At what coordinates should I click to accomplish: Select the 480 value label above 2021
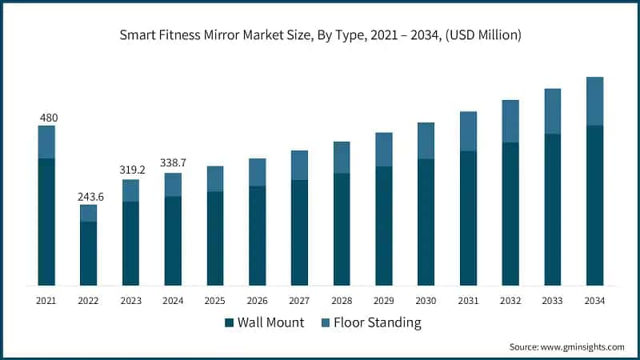(46, 118)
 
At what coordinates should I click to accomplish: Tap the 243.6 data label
(88, 196)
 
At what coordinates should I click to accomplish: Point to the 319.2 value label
(130, 170)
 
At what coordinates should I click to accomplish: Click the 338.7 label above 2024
(173, 164)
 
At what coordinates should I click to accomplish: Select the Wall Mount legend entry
(261, 322)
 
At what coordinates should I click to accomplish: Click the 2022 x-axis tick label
(88, 300)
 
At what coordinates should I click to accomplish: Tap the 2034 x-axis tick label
(594, 300)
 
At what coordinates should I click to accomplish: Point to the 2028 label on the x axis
(342, 300)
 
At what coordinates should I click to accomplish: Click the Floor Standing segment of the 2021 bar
(46, 142)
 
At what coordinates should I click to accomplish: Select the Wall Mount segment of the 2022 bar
(88, 253)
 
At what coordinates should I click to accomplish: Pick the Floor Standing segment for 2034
(594, 101)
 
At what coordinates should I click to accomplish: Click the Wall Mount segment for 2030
(426, 222)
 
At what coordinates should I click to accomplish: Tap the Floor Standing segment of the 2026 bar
(257, 172)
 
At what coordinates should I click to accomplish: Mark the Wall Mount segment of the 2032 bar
(510, 214)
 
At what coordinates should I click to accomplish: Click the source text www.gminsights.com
(566, 346)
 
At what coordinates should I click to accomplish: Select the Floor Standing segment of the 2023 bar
(130, 190)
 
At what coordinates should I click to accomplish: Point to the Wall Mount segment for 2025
(215, 238)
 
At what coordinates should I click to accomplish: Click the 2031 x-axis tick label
(468, 300)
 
